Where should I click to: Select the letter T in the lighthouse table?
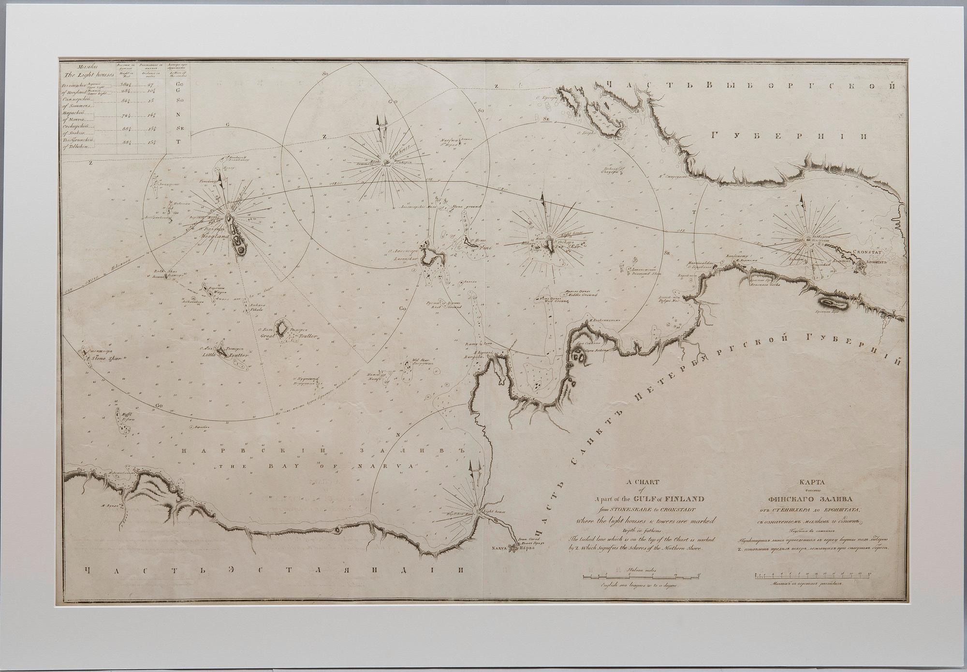178,142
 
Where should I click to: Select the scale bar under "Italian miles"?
641,576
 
